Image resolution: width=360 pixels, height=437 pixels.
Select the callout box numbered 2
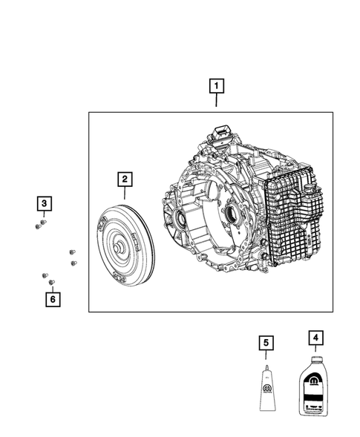tap(124, 179)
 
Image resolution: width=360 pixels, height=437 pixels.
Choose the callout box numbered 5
tap(266, 343)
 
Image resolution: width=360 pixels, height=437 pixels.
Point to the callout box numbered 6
tap(51, 299)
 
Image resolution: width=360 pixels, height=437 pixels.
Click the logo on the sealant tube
tap(266, 390)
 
